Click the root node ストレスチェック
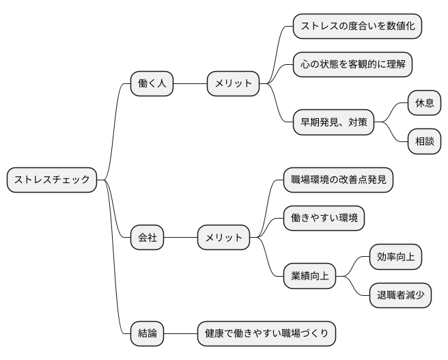(x=52, y=180)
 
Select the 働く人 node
(x=152, y=84)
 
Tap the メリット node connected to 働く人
(x=234, y=84)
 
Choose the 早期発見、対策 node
(x=333, y=122)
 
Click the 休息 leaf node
(x=424, y=103)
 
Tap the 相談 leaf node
(x=424, y=141)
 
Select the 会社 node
(x=147, y=238)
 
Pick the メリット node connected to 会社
(x=224, y=238)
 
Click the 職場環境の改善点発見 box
(x=339, y=180)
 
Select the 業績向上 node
(x=310, y=276)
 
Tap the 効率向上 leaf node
(x=395, y=257)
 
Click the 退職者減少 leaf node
(x=400, y=295)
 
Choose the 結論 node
(x=147, y=333)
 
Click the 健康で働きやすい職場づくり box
(x=266, y=333)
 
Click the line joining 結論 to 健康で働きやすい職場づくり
(x=181, y=333)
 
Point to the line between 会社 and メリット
(x=181, y=238)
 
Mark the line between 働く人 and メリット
(x=190, y=84)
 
